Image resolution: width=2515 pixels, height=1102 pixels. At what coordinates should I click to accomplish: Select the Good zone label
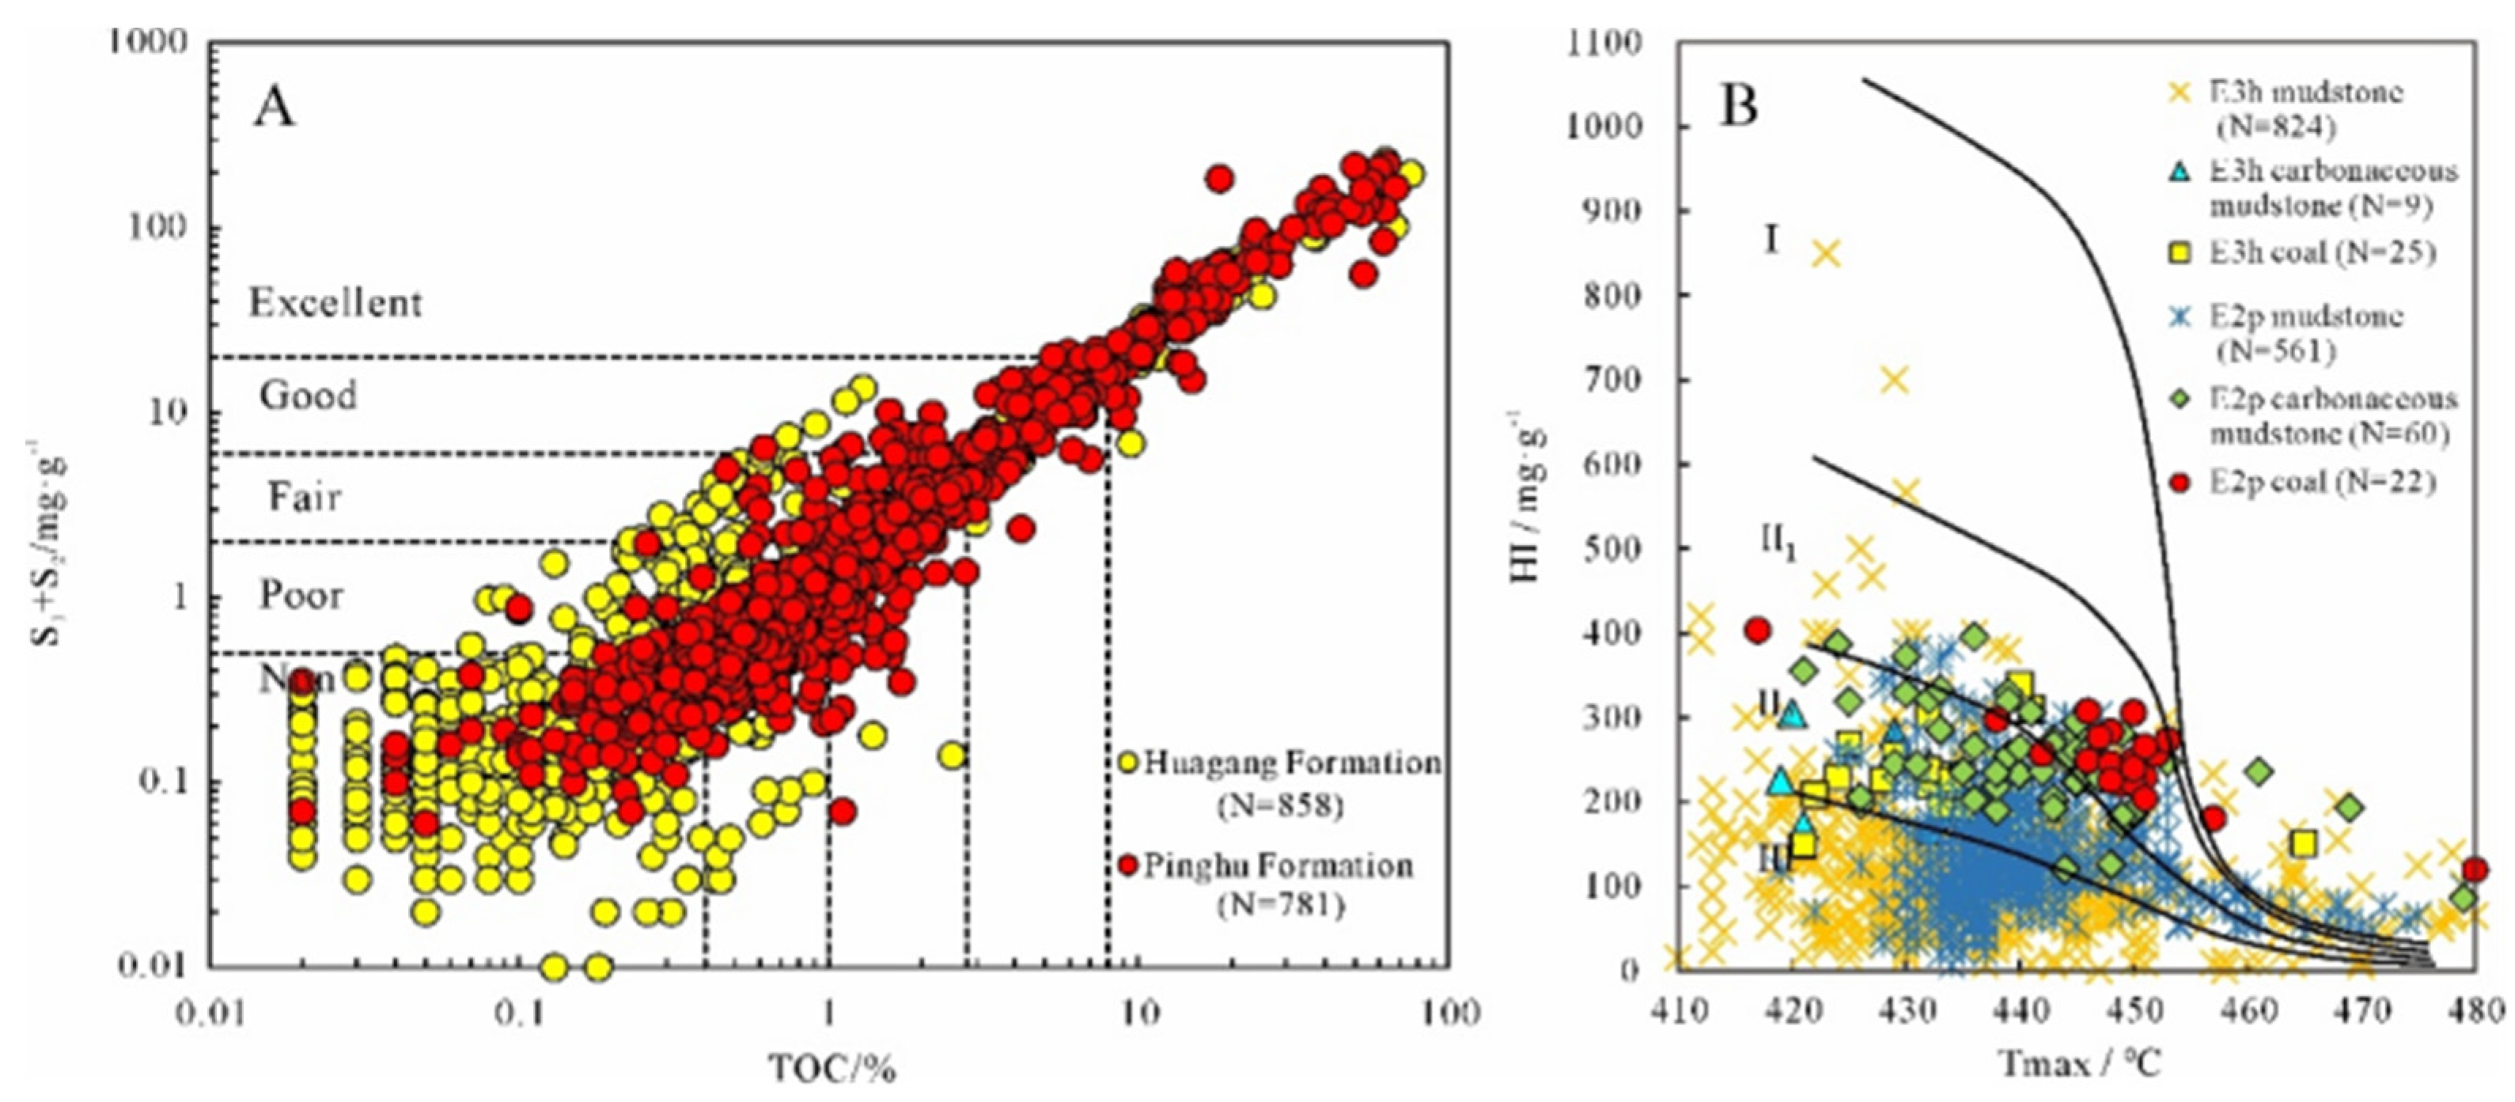[308, 396]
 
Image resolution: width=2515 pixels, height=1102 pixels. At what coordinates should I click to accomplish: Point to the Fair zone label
[305, 497]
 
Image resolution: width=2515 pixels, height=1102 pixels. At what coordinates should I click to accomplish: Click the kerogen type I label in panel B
[1772, 239]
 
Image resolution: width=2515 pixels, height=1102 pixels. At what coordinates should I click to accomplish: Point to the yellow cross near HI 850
[1825, 254]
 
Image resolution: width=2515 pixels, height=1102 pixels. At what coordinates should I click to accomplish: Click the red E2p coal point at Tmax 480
[2474, 869]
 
